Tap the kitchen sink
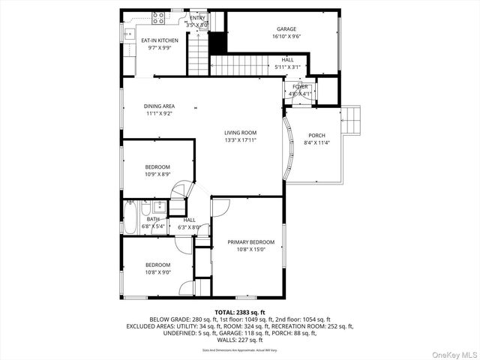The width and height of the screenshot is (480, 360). (x=128, y=34)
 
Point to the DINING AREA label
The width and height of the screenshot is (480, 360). (x=159, y=106)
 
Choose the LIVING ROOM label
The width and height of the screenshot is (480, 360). (x=240, y=133)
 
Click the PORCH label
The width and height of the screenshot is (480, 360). (x=316, y=136)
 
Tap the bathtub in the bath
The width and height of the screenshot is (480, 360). (x=132, y=218)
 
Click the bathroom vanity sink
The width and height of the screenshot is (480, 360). (x=158, y=208)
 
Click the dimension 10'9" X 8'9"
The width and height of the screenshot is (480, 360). (x=157, y=174)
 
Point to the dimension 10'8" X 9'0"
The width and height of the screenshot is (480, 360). (x=157, y=271)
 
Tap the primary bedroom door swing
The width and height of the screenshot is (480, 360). (x=220, y=206)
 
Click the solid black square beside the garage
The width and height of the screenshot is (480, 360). (x=217, y=43)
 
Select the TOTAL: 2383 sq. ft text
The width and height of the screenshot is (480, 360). (x=240, y=311)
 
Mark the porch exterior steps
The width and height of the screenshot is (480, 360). (x=351, y=119)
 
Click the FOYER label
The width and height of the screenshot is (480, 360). (x=300, y=87)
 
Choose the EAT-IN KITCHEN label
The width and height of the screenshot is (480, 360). (x=159, y=40)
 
